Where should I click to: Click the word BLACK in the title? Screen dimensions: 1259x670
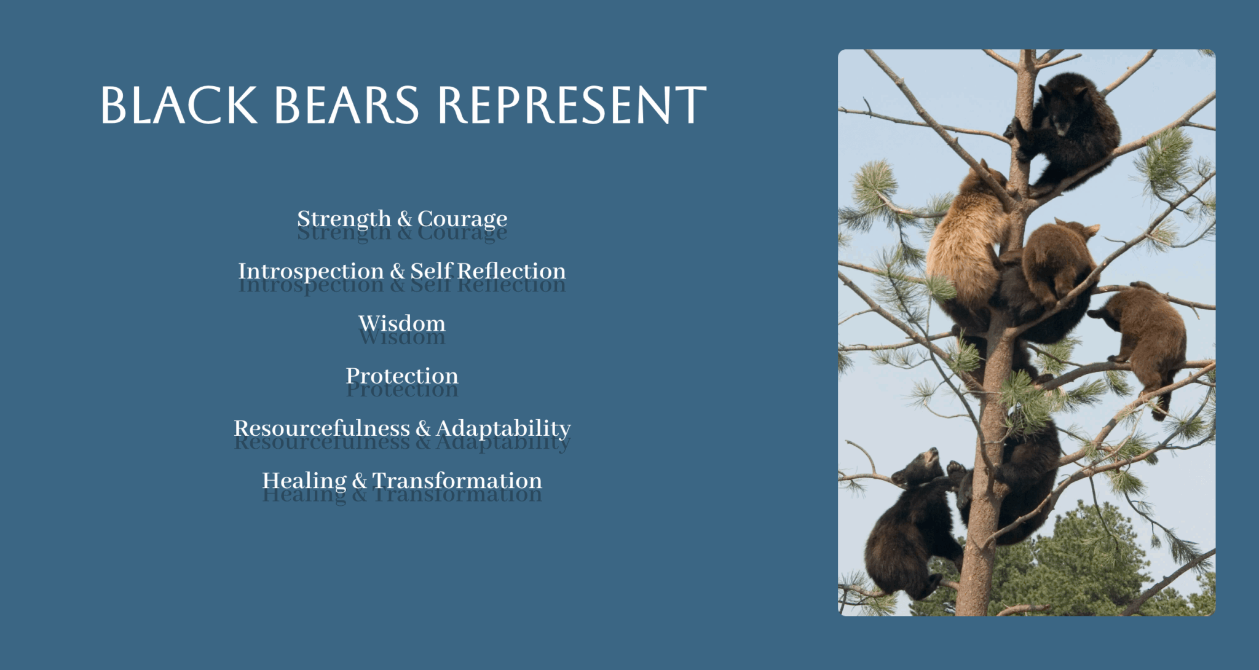click(x=179, y=105)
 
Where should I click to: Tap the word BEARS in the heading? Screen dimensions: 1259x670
click(x=346, y=105)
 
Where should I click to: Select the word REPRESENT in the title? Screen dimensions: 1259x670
click(x=572, y=105)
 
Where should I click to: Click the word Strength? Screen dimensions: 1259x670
click(x=344, y=219)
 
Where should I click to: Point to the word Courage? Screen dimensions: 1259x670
click(x=462, y=220)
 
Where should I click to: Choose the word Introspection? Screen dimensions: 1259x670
click(x=311, y=272)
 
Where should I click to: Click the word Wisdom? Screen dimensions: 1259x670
click(x=402, y=323)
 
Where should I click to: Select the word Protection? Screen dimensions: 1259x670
click(x=402, y=376)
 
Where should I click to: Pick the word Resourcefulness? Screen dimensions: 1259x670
click(x=322, y=428)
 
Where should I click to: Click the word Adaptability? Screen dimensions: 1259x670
click(x=503, y=429)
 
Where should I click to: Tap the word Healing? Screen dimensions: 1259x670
click(x=304, y=481)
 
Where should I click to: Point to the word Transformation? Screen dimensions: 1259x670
click(x=457, y=480)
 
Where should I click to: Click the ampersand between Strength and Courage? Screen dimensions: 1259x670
click(x=404, y=219)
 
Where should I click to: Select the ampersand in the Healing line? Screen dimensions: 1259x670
click(x=360, y=481)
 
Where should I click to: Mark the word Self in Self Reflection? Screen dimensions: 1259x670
click(x=431, y=271)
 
